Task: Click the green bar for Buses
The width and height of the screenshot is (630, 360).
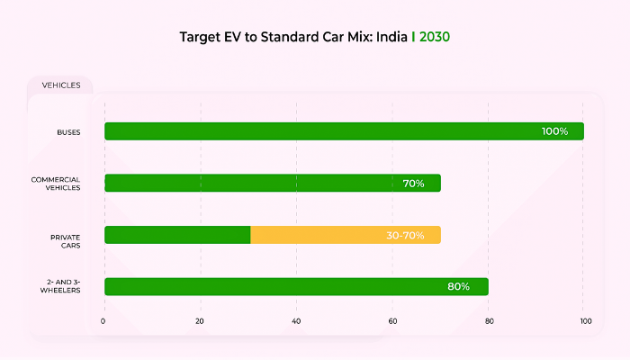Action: coord(315,131)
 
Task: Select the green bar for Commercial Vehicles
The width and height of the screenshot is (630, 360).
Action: coord(252,184)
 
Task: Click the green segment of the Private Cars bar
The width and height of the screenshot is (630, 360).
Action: coord(177,235)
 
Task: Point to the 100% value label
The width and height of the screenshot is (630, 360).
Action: coord(554,131)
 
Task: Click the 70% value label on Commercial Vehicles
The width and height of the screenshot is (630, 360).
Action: coord(413,184)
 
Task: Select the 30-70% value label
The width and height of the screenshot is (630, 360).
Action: coord(405,235)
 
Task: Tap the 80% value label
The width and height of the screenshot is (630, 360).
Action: coord(458,287)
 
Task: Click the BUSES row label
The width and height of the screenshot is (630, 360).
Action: coord(68,132)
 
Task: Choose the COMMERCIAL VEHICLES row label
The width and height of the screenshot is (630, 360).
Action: coord(57,184)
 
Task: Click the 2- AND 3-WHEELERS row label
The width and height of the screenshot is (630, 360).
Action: coord(61,287)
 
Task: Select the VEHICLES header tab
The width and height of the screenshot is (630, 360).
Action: coord(61,85)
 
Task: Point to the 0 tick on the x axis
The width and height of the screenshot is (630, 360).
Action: coord(103,321)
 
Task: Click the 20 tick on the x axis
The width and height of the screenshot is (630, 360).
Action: coord(200,321)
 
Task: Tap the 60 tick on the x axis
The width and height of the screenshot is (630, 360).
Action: coord(392,321)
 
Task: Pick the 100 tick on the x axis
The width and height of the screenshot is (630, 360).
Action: coord(585,321)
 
